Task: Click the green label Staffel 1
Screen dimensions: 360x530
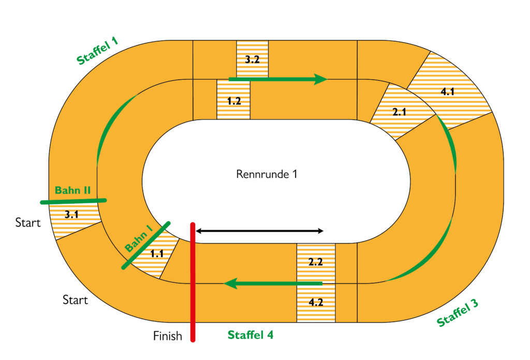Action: click(x=97, y=51)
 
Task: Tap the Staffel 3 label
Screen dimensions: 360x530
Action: click(x=457, y=313)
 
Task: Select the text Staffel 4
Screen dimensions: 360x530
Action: click(x=251, y=335)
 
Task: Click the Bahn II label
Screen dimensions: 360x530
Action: click(x=72, y=190)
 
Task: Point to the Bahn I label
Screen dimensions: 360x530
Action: click(x=138, y=239)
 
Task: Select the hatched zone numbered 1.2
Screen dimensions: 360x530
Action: click(x=233, y=100)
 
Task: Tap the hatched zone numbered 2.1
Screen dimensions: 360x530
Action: click(x=399, y=112)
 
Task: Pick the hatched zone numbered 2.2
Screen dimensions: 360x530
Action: click(x=316, y=262)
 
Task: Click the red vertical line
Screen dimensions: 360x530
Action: click(x=193, y=282)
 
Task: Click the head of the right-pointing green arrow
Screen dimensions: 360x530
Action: click(x=321, y=79)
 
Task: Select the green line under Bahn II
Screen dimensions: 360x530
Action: click(x=73, y=201)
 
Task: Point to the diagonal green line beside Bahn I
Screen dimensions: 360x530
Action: click(x=146, y=245)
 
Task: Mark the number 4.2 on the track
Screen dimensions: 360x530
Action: click(x=316, y=303)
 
